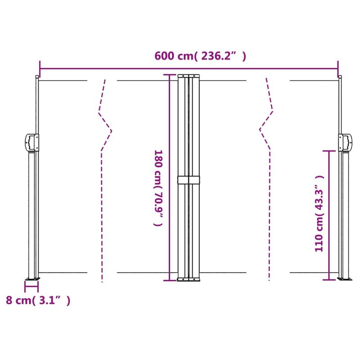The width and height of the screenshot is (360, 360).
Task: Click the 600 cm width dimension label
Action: click(x=200, y=56)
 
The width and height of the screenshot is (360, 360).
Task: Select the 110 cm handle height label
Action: click(x=319, y=213)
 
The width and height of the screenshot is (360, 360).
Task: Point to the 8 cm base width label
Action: click(x=38, y=301)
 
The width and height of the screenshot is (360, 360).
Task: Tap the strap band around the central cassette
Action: click(x=188, y=180)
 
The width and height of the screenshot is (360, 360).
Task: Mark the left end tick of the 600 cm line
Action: click(x=40, y=68)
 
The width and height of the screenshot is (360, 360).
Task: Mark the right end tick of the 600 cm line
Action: click(x=338, y=68)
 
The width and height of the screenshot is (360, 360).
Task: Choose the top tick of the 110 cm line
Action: click(x=329, y=151)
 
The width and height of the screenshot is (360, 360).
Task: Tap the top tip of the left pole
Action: click(x=36, y=77)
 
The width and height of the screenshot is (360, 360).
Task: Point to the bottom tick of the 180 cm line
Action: click(x=169, y=281)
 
